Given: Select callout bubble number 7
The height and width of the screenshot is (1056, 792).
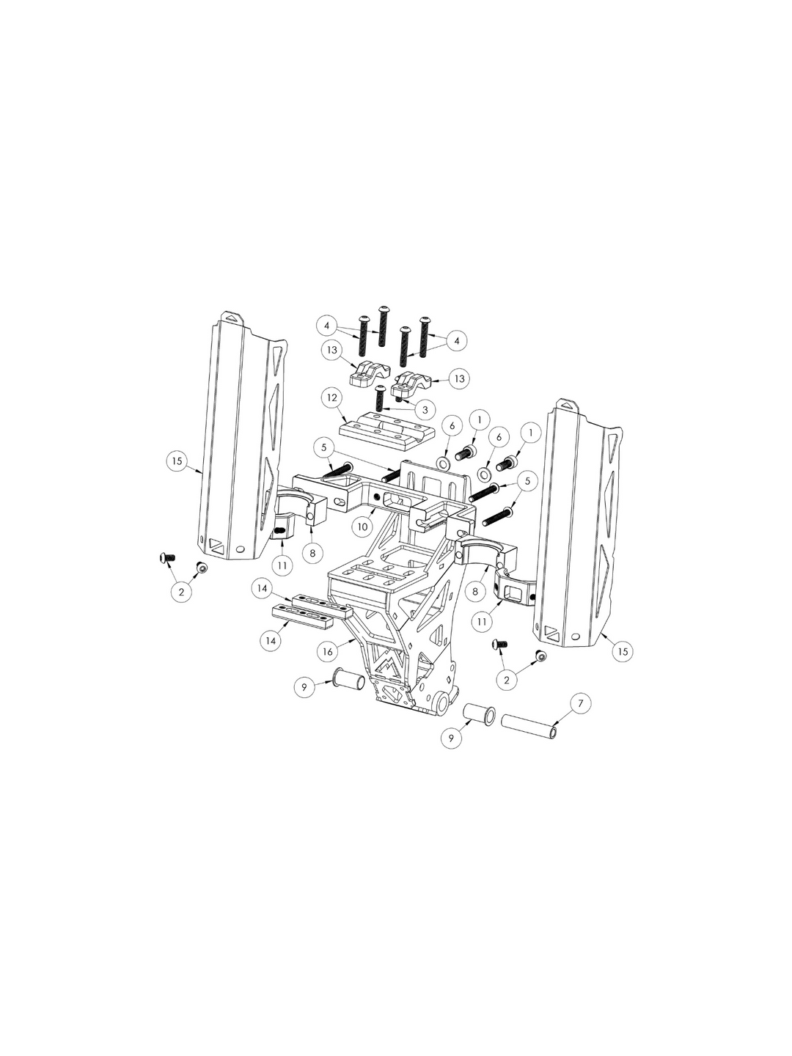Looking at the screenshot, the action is pos(580,703).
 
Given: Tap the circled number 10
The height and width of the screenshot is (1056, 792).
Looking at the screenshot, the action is pos(362,527).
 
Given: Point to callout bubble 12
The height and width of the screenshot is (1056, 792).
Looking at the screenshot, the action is pos(332,398).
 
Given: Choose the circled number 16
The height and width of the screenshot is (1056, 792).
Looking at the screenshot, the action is pos(328,651).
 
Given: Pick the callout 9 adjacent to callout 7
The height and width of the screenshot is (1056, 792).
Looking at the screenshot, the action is pos(451,738).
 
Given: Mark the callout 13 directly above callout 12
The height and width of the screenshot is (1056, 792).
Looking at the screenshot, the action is pos(332,351).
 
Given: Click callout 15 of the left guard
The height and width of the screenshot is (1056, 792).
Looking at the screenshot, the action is pos(177,461).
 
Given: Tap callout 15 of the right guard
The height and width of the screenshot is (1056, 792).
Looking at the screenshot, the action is pos(623,651).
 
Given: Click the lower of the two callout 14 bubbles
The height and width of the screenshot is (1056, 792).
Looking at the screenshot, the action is pos(271,641).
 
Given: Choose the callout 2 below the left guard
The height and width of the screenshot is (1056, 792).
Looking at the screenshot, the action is pos(181,592).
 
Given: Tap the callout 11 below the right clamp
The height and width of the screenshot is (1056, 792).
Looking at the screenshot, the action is pos(483,622).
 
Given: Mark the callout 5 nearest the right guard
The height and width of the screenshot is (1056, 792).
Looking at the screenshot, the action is pos(527,480).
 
